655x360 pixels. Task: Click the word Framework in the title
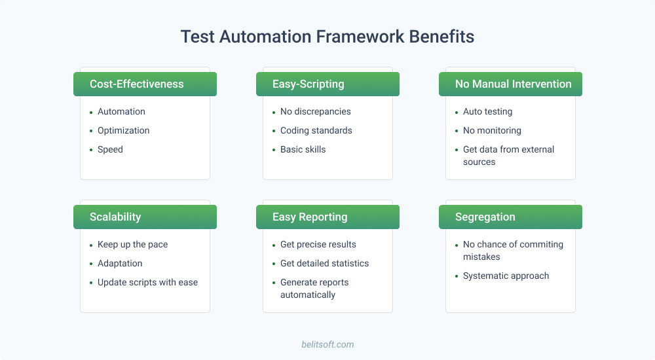coord(360,37)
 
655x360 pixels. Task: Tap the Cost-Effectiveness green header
coord(145,84)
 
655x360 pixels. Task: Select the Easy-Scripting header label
coord(309,84)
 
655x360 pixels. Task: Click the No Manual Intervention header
coord(510,84)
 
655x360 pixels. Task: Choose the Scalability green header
coord(145,217)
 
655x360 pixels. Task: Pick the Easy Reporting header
coord(327,217)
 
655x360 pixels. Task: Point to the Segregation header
coord(510,217)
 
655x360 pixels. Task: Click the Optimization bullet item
coord(124,130)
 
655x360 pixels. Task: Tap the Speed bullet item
coord(110,149)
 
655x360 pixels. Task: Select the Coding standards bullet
coord(316,130)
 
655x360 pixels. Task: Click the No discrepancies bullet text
coord(316,111)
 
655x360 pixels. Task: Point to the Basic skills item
coord(303,149)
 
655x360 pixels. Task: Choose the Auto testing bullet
coord(487,111)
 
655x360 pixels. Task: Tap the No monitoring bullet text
coord(492,130)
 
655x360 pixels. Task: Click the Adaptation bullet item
coord(120,263)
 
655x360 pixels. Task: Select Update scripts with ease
coord(147,282)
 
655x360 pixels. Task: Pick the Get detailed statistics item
coord(325,263)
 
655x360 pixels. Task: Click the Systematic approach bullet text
coord(506,276)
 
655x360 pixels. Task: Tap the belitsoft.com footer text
coord(327,344)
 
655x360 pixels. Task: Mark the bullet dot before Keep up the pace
coord(91,245)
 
